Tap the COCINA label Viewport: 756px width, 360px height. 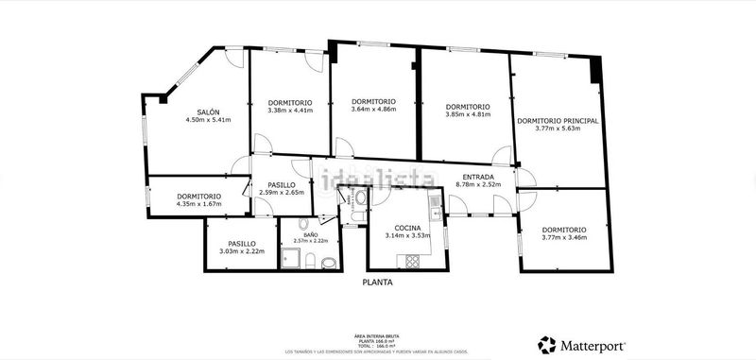407,228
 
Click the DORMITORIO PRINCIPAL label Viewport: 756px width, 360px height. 558,121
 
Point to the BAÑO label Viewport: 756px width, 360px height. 310,234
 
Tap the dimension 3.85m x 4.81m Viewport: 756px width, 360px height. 467,114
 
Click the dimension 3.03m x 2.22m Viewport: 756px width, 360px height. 241,250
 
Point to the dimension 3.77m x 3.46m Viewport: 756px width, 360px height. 564,237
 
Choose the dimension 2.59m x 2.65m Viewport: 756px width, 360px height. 282,193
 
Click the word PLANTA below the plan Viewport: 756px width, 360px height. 377,283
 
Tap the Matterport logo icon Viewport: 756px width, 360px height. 546,344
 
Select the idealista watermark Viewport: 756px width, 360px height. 375,179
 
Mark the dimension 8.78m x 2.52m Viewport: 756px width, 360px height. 477,185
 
